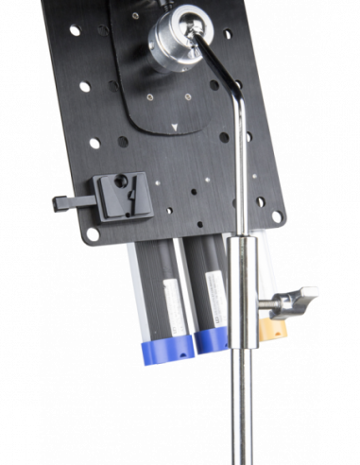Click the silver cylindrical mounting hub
(178, 37)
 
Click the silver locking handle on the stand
(300, 296)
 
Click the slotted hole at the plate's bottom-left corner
(92, 228)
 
